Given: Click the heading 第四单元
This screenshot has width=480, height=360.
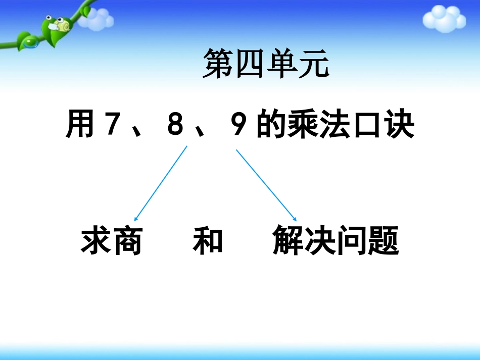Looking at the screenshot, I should point(265,65).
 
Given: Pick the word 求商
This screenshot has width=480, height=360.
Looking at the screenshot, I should point(111,240).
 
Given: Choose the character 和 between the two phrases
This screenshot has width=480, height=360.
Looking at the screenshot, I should point(208,240).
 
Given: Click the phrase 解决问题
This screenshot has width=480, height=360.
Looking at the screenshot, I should point(335,240).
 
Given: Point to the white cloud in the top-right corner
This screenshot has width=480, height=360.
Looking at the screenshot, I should point(443,19).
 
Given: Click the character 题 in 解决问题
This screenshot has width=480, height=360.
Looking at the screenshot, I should point(383,240).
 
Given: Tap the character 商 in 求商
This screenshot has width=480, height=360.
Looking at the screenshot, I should point(126,240).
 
